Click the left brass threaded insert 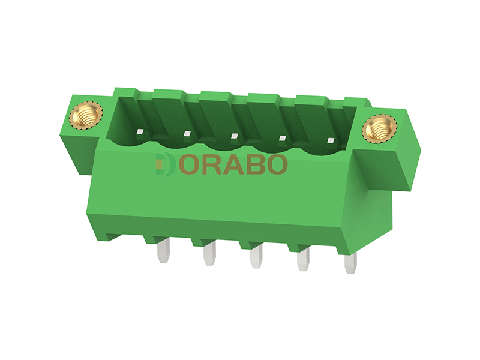(86, 116)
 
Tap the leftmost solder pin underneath (162, 250)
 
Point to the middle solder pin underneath (256, 256)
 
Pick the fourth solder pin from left (303, 259)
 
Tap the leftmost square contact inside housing (140, 132)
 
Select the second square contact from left (187, 134)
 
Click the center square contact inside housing (235, 136)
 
